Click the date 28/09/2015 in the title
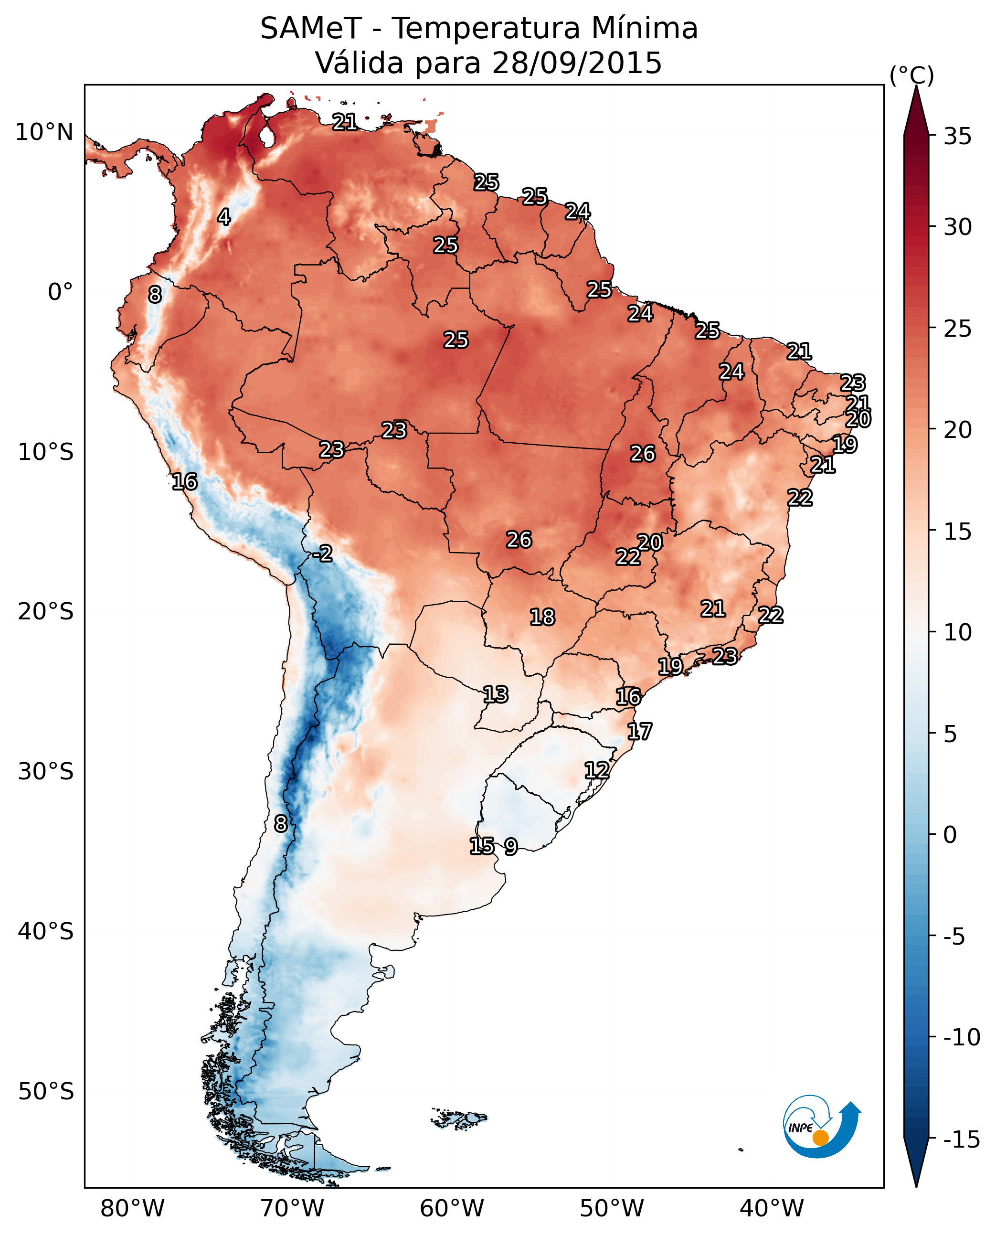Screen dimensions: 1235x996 (577, 63)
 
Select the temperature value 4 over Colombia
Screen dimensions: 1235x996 (224, 217)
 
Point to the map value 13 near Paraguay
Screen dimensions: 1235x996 (495, 694)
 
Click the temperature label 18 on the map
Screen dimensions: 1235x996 (542, 617)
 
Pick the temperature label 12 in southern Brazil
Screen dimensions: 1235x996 (597, 770)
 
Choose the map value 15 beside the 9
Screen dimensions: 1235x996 (482, 845)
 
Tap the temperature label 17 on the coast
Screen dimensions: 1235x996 (639, 731)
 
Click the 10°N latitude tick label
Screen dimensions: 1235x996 (44, 133)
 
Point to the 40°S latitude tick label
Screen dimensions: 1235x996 (45, 931)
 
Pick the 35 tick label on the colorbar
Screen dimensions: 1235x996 (957, 137)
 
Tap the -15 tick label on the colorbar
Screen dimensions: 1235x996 (962, 1140)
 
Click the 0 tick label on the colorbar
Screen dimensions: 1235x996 (950, 834)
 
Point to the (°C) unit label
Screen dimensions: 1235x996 (911, 75)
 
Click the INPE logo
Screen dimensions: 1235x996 (821, 1126)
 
